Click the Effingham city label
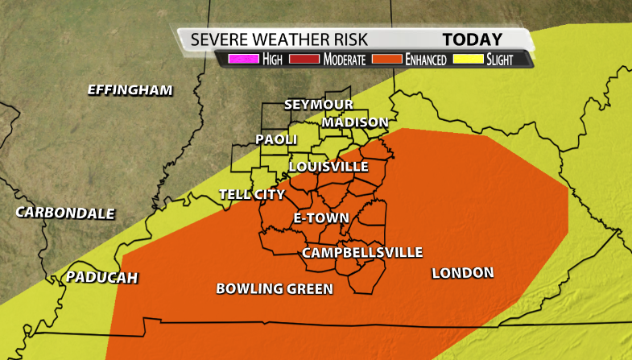[x=130, y=90]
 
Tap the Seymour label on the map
[x=318, y=106]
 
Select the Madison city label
[x=354, y=122]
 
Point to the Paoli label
[x=276, y=139]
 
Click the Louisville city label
[x=328, y=167]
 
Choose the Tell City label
[x=252, y=194]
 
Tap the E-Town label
[x=320, y=218]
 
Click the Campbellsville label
[x=361, y=253]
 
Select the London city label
[x=462, y=273]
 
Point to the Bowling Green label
[x=275, y=288]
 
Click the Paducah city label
[x=102, y=278]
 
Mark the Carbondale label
[x=65, y=213]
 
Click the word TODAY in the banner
[x=472, y=39]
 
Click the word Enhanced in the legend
[x=426, y=60]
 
